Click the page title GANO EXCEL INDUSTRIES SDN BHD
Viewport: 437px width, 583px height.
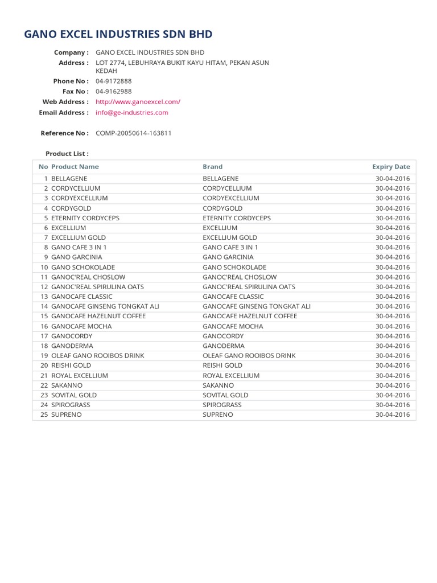(118, 34)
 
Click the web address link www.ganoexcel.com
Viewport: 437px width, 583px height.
(138, 102)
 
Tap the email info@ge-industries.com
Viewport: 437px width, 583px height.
(132, 113)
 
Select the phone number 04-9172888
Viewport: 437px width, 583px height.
(114, 81)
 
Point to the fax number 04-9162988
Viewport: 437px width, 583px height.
(114, 92)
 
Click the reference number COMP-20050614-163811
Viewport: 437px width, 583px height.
(134, 133)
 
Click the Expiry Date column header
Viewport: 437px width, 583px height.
(391, 167)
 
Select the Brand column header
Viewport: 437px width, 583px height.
(213, 167)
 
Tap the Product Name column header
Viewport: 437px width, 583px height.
(75, 167)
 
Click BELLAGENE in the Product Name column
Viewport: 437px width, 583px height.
(69, 179)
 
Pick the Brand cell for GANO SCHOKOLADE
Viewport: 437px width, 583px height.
(234, 267)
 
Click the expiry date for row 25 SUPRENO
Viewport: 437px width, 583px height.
(393, 414)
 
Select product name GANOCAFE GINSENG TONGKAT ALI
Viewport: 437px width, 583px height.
(105, 306)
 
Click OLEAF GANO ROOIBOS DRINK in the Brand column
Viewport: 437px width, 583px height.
(249, 355)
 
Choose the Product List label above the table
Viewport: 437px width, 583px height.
(67, 154)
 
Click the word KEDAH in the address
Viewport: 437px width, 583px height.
(106, 71)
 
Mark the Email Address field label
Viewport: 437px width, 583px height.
(64, 113)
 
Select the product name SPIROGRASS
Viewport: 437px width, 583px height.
(71, 405)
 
